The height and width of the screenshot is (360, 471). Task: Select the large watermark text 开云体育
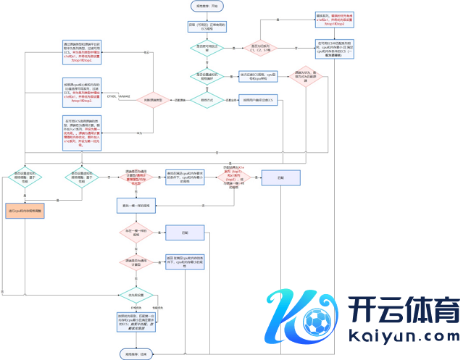403,309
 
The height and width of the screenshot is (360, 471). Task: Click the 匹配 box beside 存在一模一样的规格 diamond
186,233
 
